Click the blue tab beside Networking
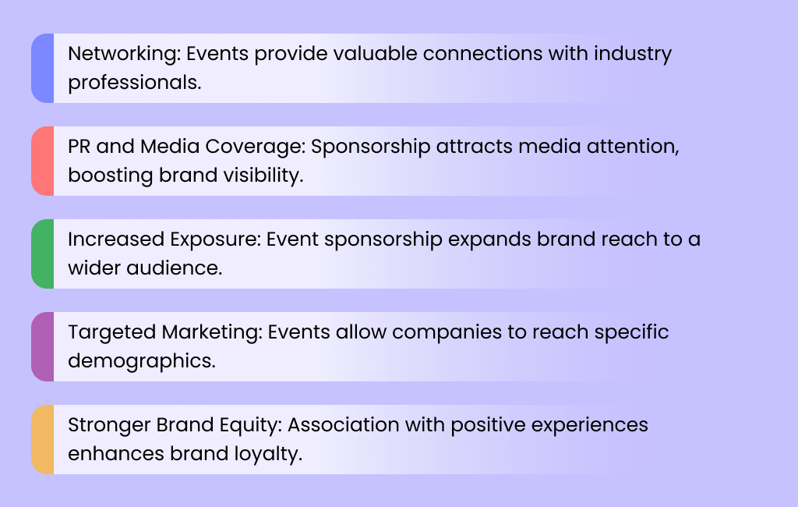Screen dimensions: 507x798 coord(43,68)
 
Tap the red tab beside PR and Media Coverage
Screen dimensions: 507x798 coord(43,161)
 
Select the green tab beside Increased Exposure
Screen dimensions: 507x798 coord(43,253)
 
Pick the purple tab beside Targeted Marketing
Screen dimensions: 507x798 coord(43,346)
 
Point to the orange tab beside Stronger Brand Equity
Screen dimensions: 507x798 coord(43,439)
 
